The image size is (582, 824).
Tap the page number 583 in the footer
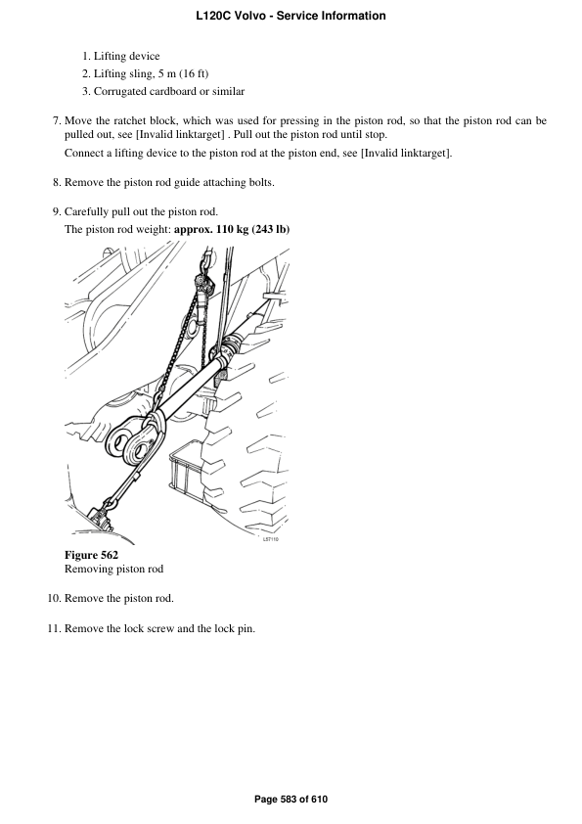(291, 800)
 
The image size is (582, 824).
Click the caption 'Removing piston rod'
(113, 569)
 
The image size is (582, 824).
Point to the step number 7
(57, 121)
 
